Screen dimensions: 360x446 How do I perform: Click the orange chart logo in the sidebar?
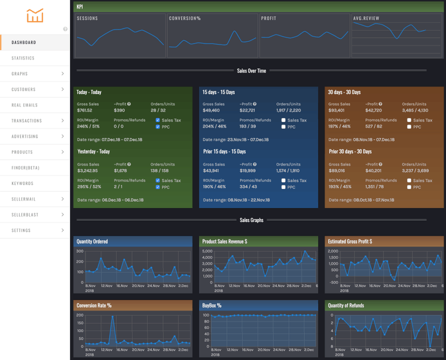(x=35, y=16)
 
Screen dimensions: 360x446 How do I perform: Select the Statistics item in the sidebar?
(x=23, y=58)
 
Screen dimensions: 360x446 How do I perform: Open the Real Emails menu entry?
(x=25, y=105)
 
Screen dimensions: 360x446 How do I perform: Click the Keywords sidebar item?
(x=23, y=183)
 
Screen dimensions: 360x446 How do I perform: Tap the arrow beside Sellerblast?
(x=62, y=215)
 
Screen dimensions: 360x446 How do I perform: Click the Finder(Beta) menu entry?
(x=26, y=168)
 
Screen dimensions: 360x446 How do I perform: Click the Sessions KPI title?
(x=88, y=18)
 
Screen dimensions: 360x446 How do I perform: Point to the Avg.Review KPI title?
(x=366, y=18)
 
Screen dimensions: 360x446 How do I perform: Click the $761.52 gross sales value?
(x=85, y=110)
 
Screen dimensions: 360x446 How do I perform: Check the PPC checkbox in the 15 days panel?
(x=284, y=127)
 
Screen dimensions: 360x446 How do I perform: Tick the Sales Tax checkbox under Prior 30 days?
(x=410, y=181)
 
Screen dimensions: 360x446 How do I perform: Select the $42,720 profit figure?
(x=374, y=110)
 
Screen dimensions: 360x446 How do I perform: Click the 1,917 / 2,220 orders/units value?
(x=289, y=110)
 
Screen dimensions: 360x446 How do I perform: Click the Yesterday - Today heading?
(x=93, y=152)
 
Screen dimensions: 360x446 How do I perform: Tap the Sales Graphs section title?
(x=251, y=220)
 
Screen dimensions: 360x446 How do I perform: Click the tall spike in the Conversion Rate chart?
(x=112, y=317)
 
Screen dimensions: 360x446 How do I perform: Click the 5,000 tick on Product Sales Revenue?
(x=206, y=251)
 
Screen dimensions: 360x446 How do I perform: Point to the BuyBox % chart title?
(x=212, y=305)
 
